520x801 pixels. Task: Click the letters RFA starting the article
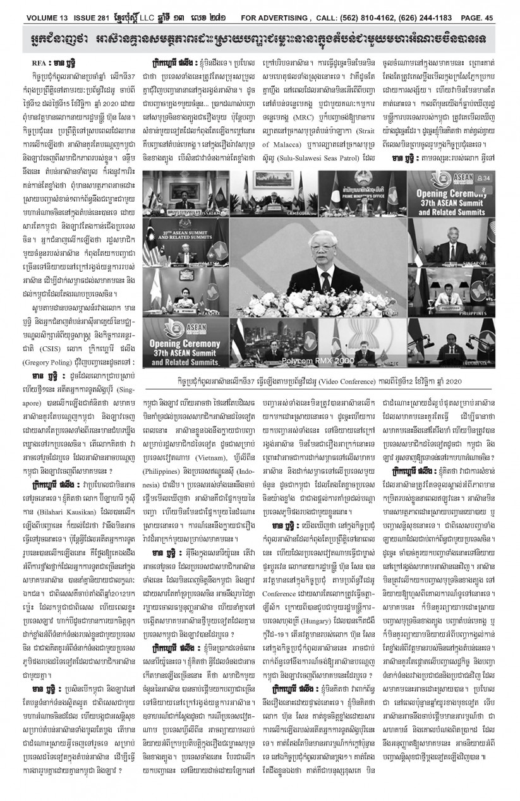(x=38, y=64)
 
